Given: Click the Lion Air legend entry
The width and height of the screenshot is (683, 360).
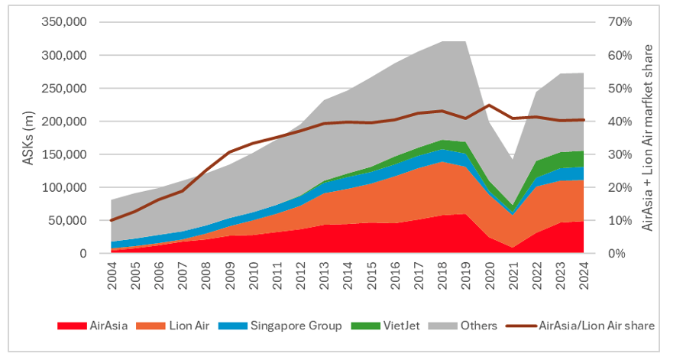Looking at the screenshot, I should click(x=175, y=326).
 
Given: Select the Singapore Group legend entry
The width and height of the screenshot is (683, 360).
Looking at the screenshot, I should click(x=281, y=326).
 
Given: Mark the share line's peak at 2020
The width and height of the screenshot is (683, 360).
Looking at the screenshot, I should click(x=489, y=105).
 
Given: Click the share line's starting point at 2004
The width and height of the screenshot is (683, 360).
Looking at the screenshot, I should click(x=112, y=220).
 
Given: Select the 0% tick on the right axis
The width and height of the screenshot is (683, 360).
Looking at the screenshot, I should click(x=617, y=253).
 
